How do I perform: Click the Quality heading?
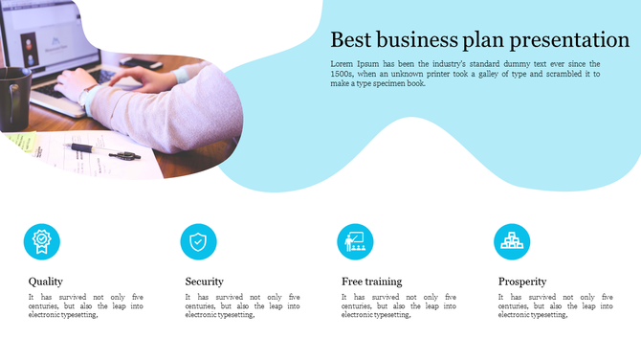46,281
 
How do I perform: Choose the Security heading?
204,281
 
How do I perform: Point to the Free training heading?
371,281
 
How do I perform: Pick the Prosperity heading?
522,281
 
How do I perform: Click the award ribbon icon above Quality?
41,241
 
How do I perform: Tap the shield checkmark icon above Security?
198,241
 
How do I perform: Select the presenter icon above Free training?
355,241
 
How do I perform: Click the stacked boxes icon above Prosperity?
512,241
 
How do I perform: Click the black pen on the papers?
92,149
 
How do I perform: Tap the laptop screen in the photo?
38,38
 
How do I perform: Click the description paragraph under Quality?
86,305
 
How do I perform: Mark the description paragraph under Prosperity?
556,305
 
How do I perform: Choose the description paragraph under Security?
242,305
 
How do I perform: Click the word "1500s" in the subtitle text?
343,73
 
